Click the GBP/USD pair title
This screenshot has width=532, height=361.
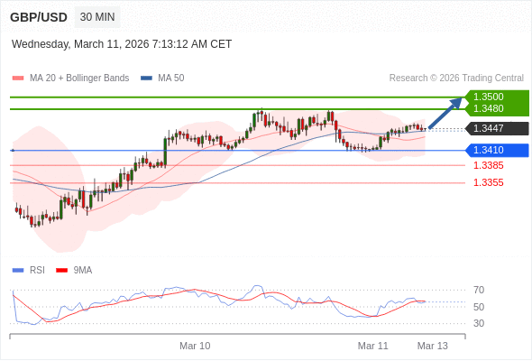(x=38, y=17)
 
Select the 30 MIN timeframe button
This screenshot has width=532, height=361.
(x=97, y=17)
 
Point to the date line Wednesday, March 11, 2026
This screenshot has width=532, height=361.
(x=122, y=43)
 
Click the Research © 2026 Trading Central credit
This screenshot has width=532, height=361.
(x=456, y=79)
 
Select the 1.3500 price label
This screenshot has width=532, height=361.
(x=489, y=97)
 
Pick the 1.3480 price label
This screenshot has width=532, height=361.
(x=489, y=108)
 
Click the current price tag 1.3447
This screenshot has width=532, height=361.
(x=489, y=128)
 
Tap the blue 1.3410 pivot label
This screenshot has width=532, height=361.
(x=489, y=150)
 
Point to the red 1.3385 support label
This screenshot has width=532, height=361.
(x=489, y=165)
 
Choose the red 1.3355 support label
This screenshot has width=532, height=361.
(x=489, y=182)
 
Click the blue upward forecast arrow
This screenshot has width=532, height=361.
(x=445, y=113)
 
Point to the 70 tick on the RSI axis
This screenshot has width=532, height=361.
(x=479, y=290)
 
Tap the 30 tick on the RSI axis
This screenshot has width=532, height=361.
(x=479, y=323)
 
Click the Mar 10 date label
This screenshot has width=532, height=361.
(x=195, y=346)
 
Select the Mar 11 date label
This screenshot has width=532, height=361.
(x=372, y=346)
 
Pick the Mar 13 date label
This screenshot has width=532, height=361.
(x=432, y=346)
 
